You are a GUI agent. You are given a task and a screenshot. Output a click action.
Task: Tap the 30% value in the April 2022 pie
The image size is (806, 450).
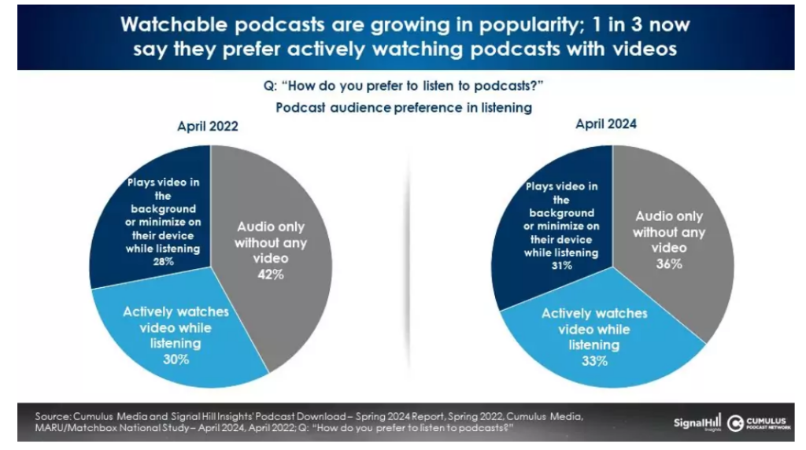[x=176, y=359]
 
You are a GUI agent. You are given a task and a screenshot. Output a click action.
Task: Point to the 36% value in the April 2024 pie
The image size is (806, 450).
[x=668, y=264]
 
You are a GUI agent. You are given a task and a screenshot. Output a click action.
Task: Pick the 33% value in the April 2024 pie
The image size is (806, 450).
[x=594, y=362]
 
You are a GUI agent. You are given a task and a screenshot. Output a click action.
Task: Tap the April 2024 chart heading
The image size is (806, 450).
[x=606, y=124]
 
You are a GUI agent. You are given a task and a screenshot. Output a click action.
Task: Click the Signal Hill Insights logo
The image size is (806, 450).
[x=697, y=423]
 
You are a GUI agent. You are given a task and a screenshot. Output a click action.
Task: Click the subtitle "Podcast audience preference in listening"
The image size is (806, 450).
[x=403, y=108]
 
